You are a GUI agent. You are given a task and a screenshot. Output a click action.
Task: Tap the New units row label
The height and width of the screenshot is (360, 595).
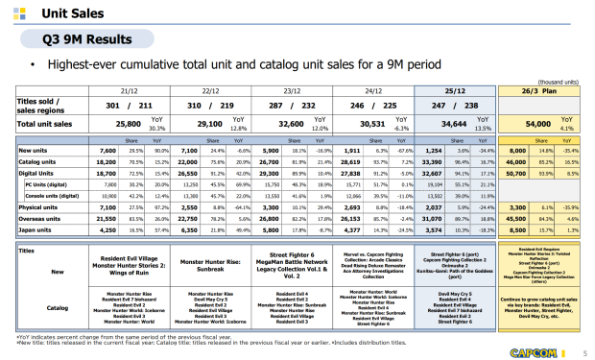(x=35, y=150)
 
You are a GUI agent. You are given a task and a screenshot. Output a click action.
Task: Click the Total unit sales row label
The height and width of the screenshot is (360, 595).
(x=43, y=124)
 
